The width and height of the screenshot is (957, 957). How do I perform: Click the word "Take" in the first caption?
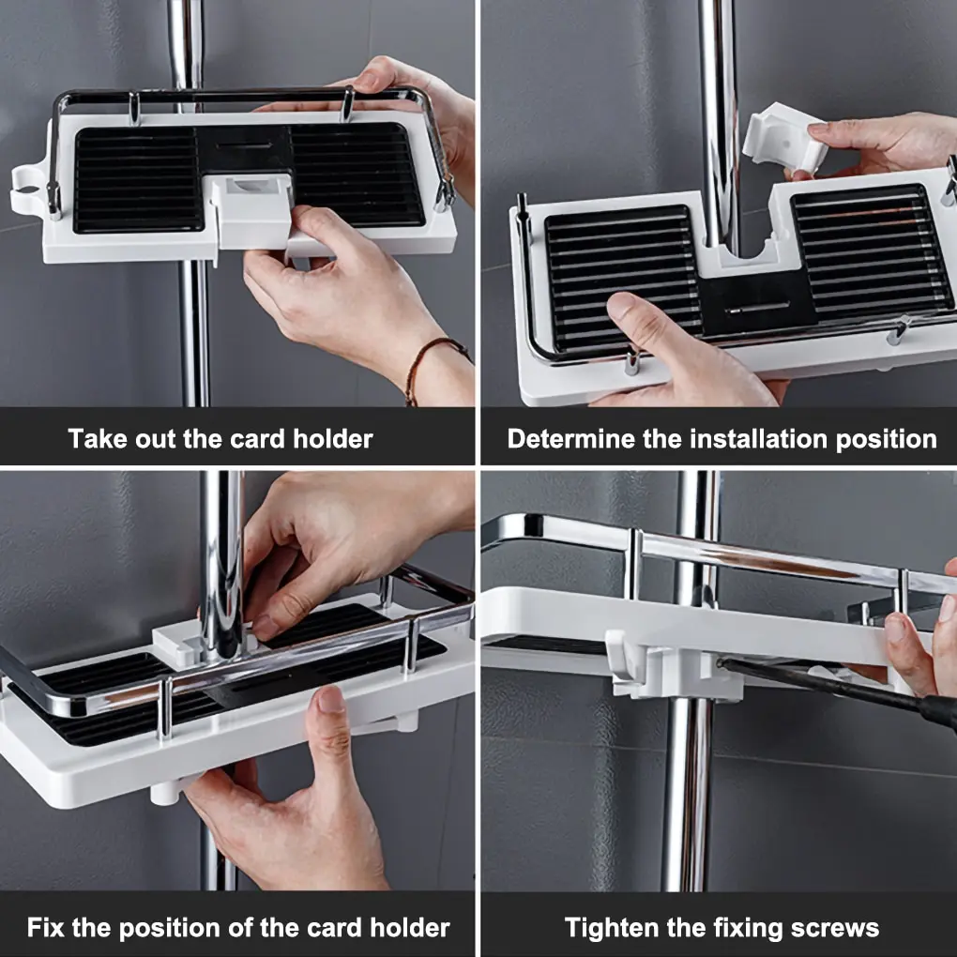click(98, 438)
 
